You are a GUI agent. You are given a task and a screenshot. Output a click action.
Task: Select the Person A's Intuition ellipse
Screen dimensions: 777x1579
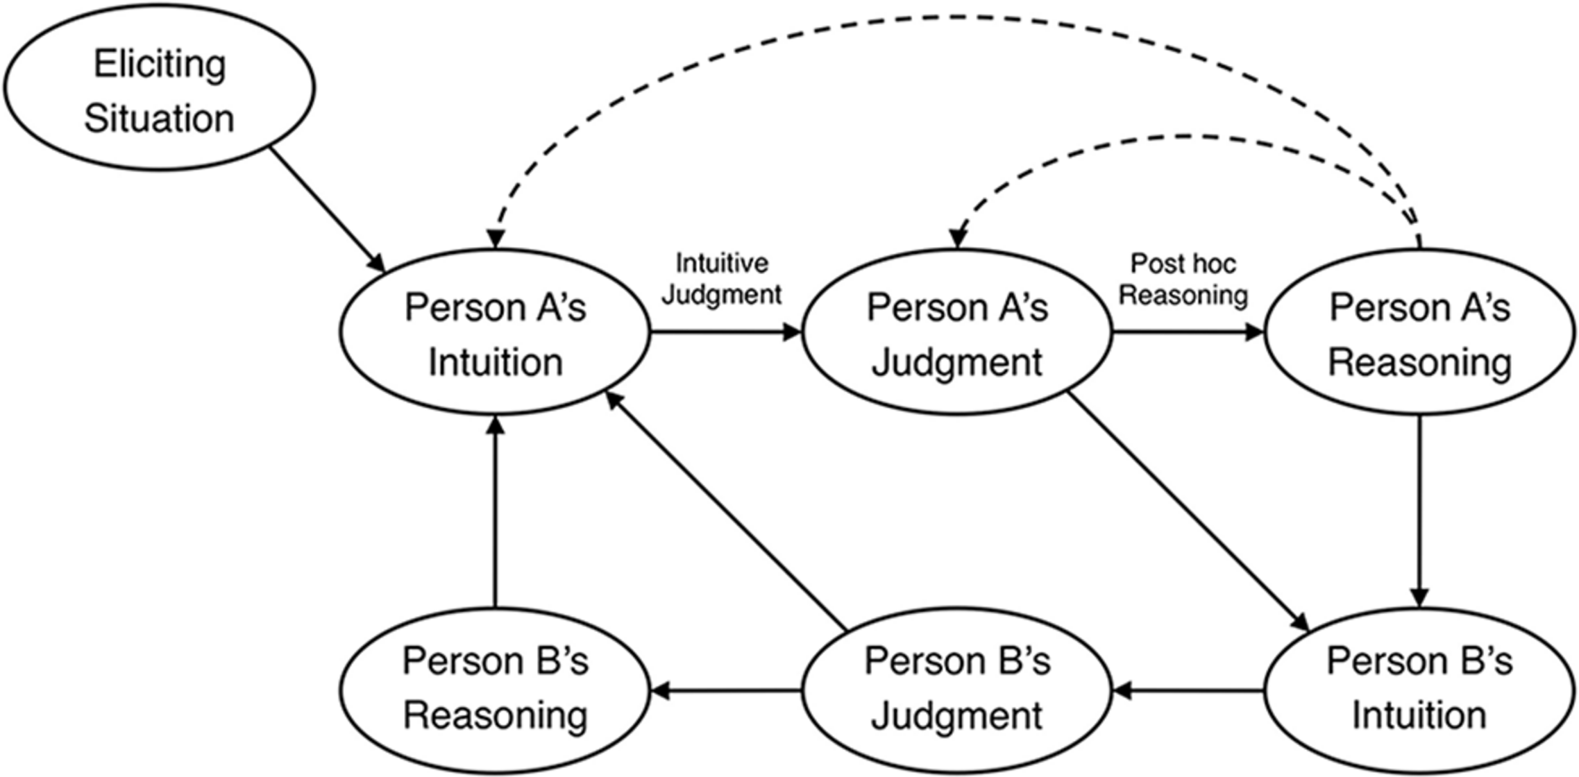click(x=495, y=333)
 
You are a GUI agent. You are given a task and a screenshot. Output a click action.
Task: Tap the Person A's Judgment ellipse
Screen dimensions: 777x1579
click(x=957, y=333)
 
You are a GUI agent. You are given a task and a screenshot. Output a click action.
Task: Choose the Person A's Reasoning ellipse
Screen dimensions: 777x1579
click(x=1419, y=333)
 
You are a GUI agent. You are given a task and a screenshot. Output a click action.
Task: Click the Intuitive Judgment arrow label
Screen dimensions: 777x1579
click(x=722, y=279)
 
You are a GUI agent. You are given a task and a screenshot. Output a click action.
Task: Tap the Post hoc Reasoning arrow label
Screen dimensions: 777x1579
click(x=1183, y=280)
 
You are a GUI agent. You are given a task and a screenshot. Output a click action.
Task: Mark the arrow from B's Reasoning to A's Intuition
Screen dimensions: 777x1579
click(x=495, y=513)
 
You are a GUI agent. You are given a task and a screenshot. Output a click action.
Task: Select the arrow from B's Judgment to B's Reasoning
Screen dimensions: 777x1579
click(x=726, y=690)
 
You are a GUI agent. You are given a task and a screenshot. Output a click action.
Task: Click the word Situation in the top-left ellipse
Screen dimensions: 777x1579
click(x=160, y=119)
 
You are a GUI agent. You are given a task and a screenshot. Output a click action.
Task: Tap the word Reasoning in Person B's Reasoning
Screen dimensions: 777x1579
click(x=495, y=716)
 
